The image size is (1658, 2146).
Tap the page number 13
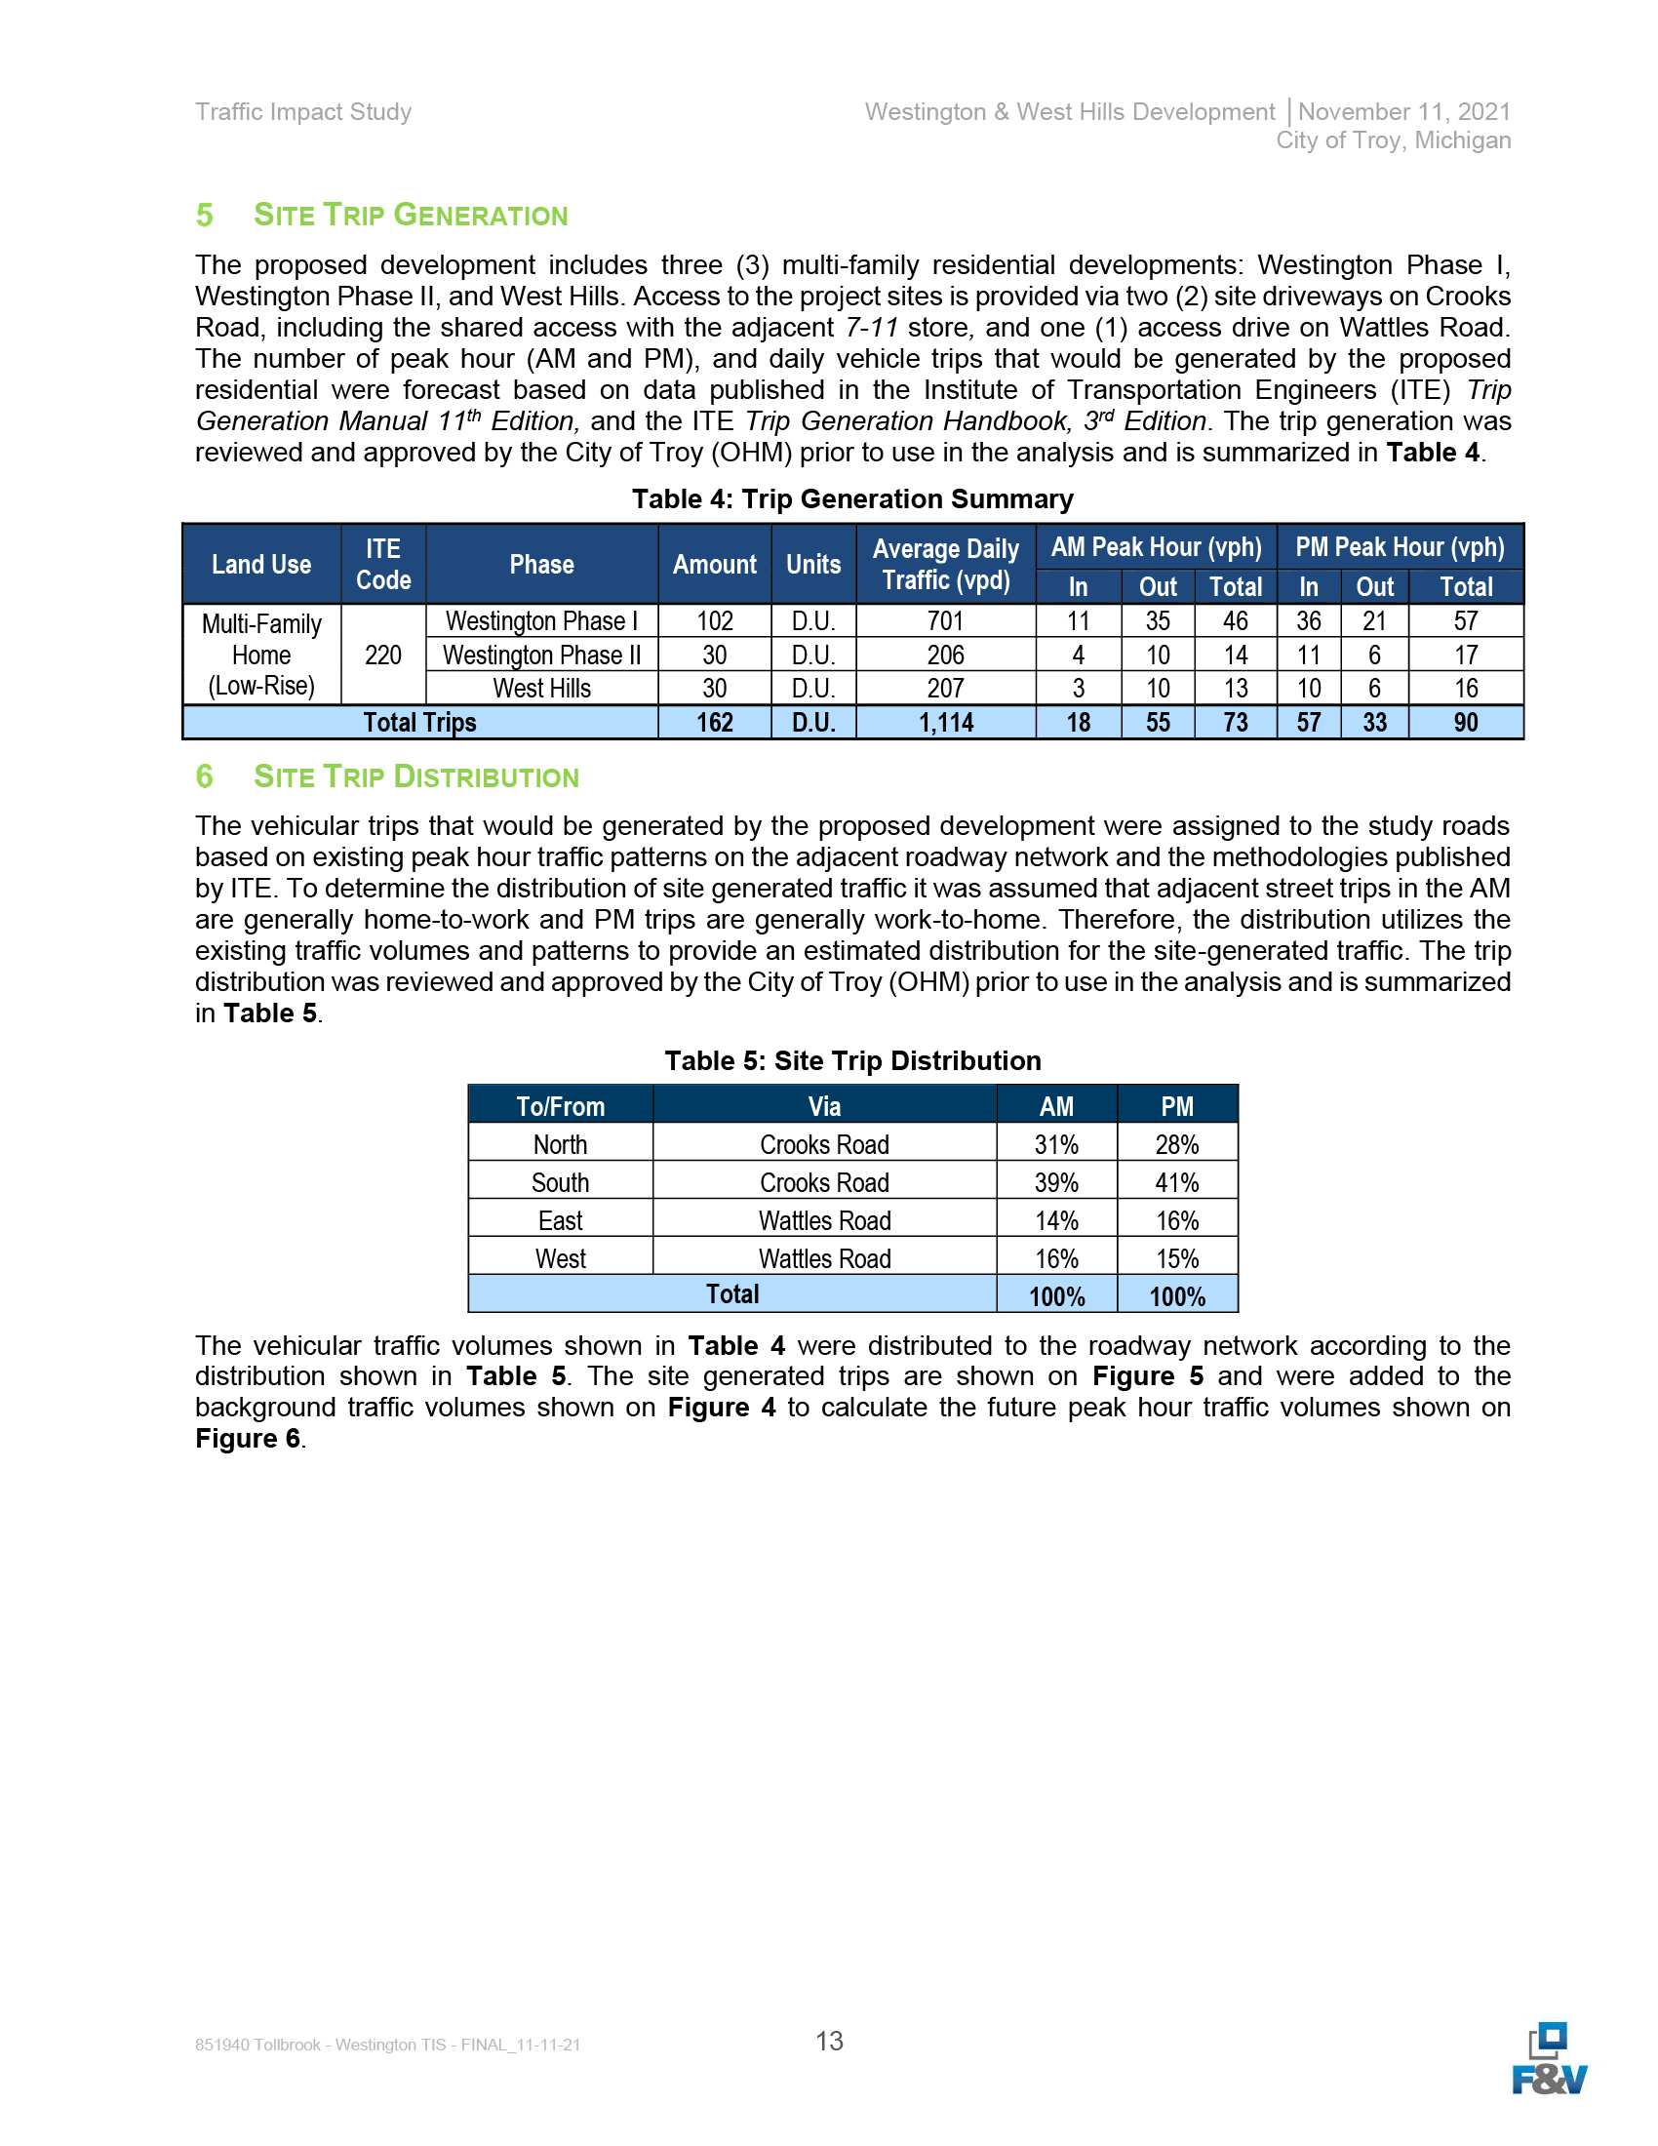829,2041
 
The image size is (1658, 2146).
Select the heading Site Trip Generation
411,216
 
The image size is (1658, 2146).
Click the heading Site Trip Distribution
415,776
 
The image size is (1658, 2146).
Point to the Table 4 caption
851,499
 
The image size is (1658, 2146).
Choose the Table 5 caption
851,1060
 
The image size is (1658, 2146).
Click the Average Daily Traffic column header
945,564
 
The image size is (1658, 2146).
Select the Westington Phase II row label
541,655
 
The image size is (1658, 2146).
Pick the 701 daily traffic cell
945,621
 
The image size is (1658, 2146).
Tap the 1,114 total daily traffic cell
945,722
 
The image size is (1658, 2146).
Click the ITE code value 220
382,655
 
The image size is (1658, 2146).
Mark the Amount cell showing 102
714,621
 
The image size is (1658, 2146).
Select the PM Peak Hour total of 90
1465,722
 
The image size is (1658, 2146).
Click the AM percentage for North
1056,1145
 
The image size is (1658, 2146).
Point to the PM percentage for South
1176,1182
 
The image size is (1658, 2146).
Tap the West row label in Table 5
560,1258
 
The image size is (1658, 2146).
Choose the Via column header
824,1106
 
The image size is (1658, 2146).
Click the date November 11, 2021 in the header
1403,112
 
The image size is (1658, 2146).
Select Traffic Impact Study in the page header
303,112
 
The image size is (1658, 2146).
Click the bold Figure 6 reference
248,1439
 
